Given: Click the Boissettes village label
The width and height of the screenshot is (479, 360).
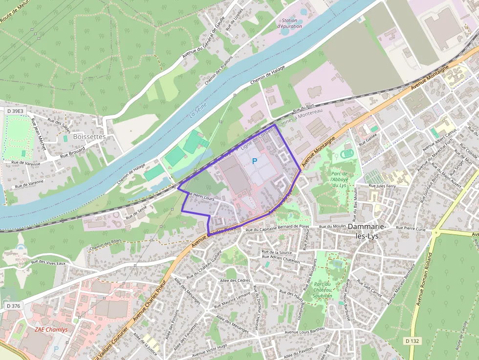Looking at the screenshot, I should click(89, 137).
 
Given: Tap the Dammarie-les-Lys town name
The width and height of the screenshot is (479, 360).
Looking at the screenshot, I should click(370, 231).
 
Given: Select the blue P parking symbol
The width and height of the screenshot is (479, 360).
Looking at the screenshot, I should click(254, 161).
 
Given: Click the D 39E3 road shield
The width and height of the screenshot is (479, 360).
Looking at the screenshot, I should click(15, 111).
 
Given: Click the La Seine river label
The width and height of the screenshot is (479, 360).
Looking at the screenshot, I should click(198, 109).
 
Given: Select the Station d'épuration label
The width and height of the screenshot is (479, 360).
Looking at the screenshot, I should click(290, 23).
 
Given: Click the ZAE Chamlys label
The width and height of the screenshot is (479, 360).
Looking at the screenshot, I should click(51, 329).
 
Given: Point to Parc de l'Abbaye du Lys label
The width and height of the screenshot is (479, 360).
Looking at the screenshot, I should click(338, 179).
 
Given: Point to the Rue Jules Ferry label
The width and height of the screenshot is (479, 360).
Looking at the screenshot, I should click(382, 186).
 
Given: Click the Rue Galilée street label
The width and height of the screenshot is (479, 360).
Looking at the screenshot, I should click(369, 141).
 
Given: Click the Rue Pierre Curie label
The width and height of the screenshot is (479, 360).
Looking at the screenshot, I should click(412, 228).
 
